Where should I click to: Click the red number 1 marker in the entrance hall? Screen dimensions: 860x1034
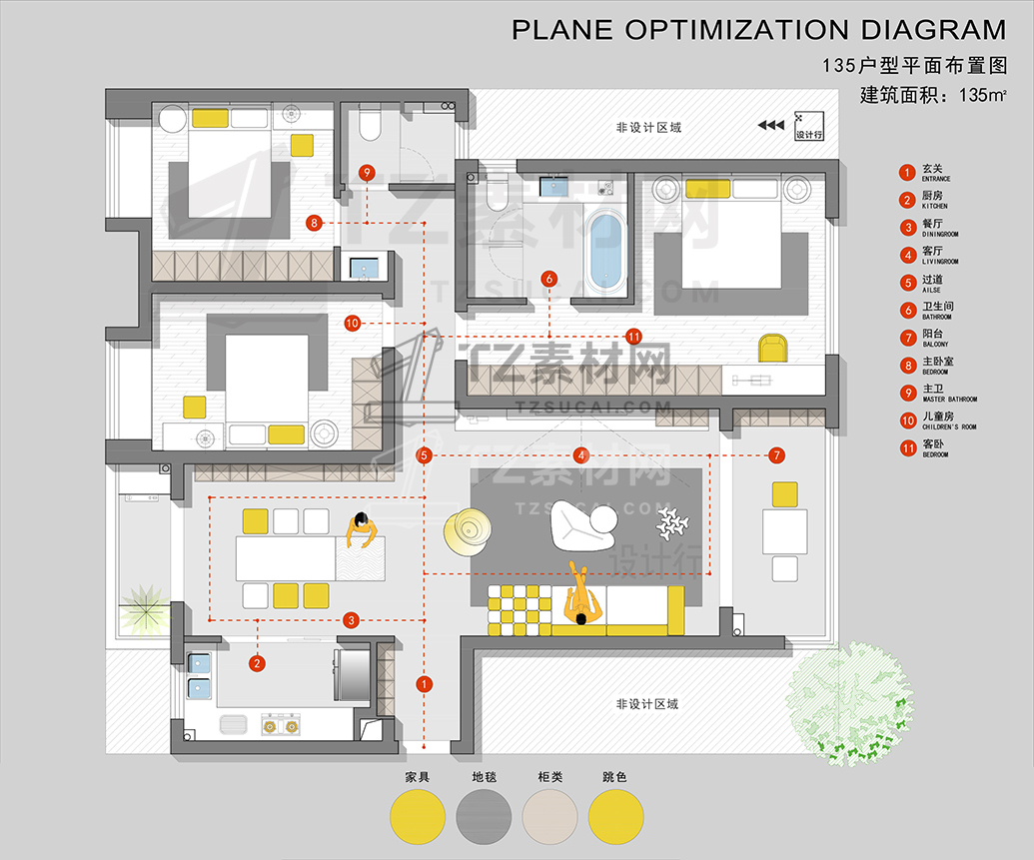tap(424, 684)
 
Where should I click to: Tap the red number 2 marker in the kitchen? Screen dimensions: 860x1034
tap(257, 662)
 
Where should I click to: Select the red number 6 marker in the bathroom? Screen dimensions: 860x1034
tap(548, 280)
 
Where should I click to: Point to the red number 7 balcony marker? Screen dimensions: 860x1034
tap(777, 455)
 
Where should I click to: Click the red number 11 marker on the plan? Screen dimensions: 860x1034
tap(632, 336)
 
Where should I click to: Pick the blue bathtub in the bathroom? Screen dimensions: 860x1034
tap(606, 249)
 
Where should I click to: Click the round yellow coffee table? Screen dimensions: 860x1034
tap(468, 530)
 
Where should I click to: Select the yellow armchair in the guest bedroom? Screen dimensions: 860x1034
tap(772, 348)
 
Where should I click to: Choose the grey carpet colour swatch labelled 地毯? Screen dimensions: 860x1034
tap(484, 816)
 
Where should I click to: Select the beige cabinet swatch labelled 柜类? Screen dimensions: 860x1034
tap(549, 816)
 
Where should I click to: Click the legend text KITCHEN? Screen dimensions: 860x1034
tap(936, 206)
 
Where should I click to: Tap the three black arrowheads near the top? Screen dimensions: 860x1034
tap(770, 126)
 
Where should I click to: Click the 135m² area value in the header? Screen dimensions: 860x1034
tap(982, 97)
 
